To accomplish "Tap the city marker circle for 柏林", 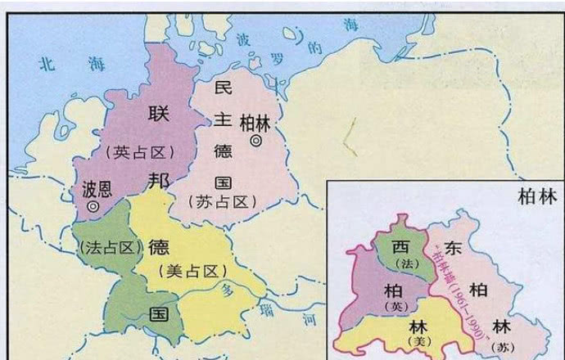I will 256,141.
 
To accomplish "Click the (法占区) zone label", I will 106,245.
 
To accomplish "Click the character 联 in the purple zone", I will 158,114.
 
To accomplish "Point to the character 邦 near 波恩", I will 159,181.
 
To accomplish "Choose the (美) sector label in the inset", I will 418,341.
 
